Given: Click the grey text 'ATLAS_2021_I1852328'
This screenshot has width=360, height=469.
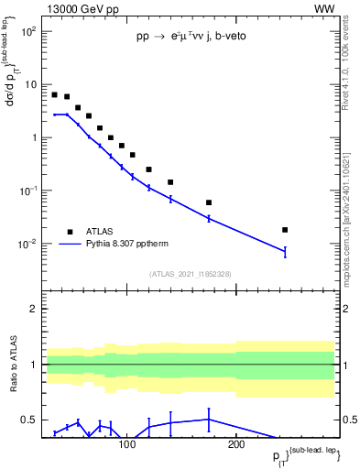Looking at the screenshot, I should tap(190, 274).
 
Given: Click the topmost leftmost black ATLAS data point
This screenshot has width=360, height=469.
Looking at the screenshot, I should tap(54, 94).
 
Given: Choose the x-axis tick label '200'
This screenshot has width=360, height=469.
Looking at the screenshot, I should tap(235, 444).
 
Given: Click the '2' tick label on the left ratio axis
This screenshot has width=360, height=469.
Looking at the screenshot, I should tap(33, 309).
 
